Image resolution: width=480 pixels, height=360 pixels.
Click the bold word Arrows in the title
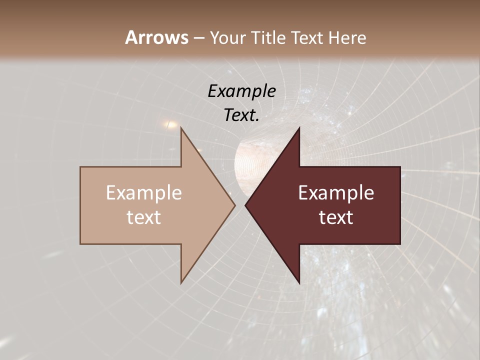pyautogui.click(x=156, y=37)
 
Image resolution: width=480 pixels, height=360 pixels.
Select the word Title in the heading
pyautogui.click(x=271, y=38)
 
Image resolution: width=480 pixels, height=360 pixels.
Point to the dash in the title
pyautogui.click(x=198, y=38)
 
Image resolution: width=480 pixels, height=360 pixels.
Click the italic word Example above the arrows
pyautogui.click(x=242, y=91)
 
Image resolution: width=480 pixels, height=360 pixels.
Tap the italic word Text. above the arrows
pyautogui.click(x=242, y=115)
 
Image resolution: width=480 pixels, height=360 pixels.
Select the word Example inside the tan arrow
pyautogui.click(x=144, y=192)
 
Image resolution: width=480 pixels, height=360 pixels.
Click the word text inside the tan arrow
pyautogui.click(x=144, y=217)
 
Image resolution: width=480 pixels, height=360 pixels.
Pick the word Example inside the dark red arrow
pyautogui.click(x=336, y=192)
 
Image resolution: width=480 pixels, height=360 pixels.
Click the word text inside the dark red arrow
pyautogui.click(x=336, y=217)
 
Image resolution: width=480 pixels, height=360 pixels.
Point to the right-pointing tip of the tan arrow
pyautogui.click(x=234, y=205)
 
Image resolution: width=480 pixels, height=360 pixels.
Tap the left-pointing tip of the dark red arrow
pyautogui.click(x=245, y=205)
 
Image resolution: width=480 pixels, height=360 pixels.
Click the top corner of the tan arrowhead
pyautogui.click(x=181, y=128)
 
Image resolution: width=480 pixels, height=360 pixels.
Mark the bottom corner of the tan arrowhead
pyautogui.click(x=181, y=283)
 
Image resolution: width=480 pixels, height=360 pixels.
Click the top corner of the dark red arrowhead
pyautogui.click(x=299, y=128)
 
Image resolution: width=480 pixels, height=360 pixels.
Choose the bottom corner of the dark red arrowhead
pyautogui.click(x=299, y=283)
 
